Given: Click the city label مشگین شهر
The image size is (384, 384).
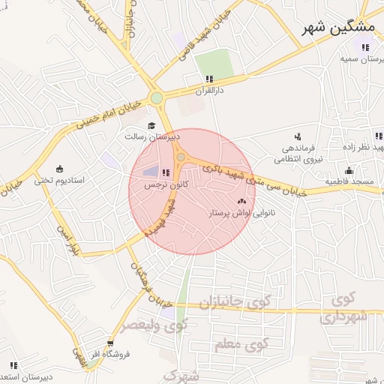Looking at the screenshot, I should click(x=338, y=28).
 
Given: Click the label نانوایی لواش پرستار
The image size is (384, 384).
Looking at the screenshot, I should click(x=240, y=214).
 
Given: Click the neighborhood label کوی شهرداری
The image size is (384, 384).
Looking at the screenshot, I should click(x=344, y=309).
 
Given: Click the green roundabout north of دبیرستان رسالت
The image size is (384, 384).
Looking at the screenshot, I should click(x=156, y=97).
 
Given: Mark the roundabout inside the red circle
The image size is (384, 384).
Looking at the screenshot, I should click(x=181, y=156).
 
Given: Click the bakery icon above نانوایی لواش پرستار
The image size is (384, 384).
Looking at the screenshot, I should click(x=241, y=201).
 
